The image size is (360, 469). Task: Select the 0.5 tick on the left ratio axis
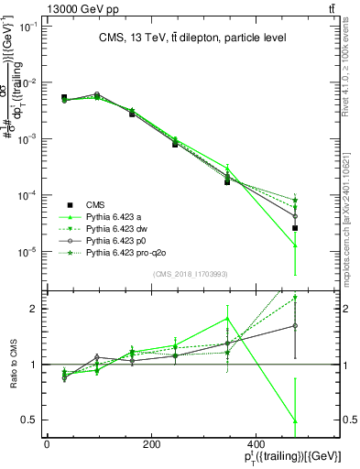(30, 420)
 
